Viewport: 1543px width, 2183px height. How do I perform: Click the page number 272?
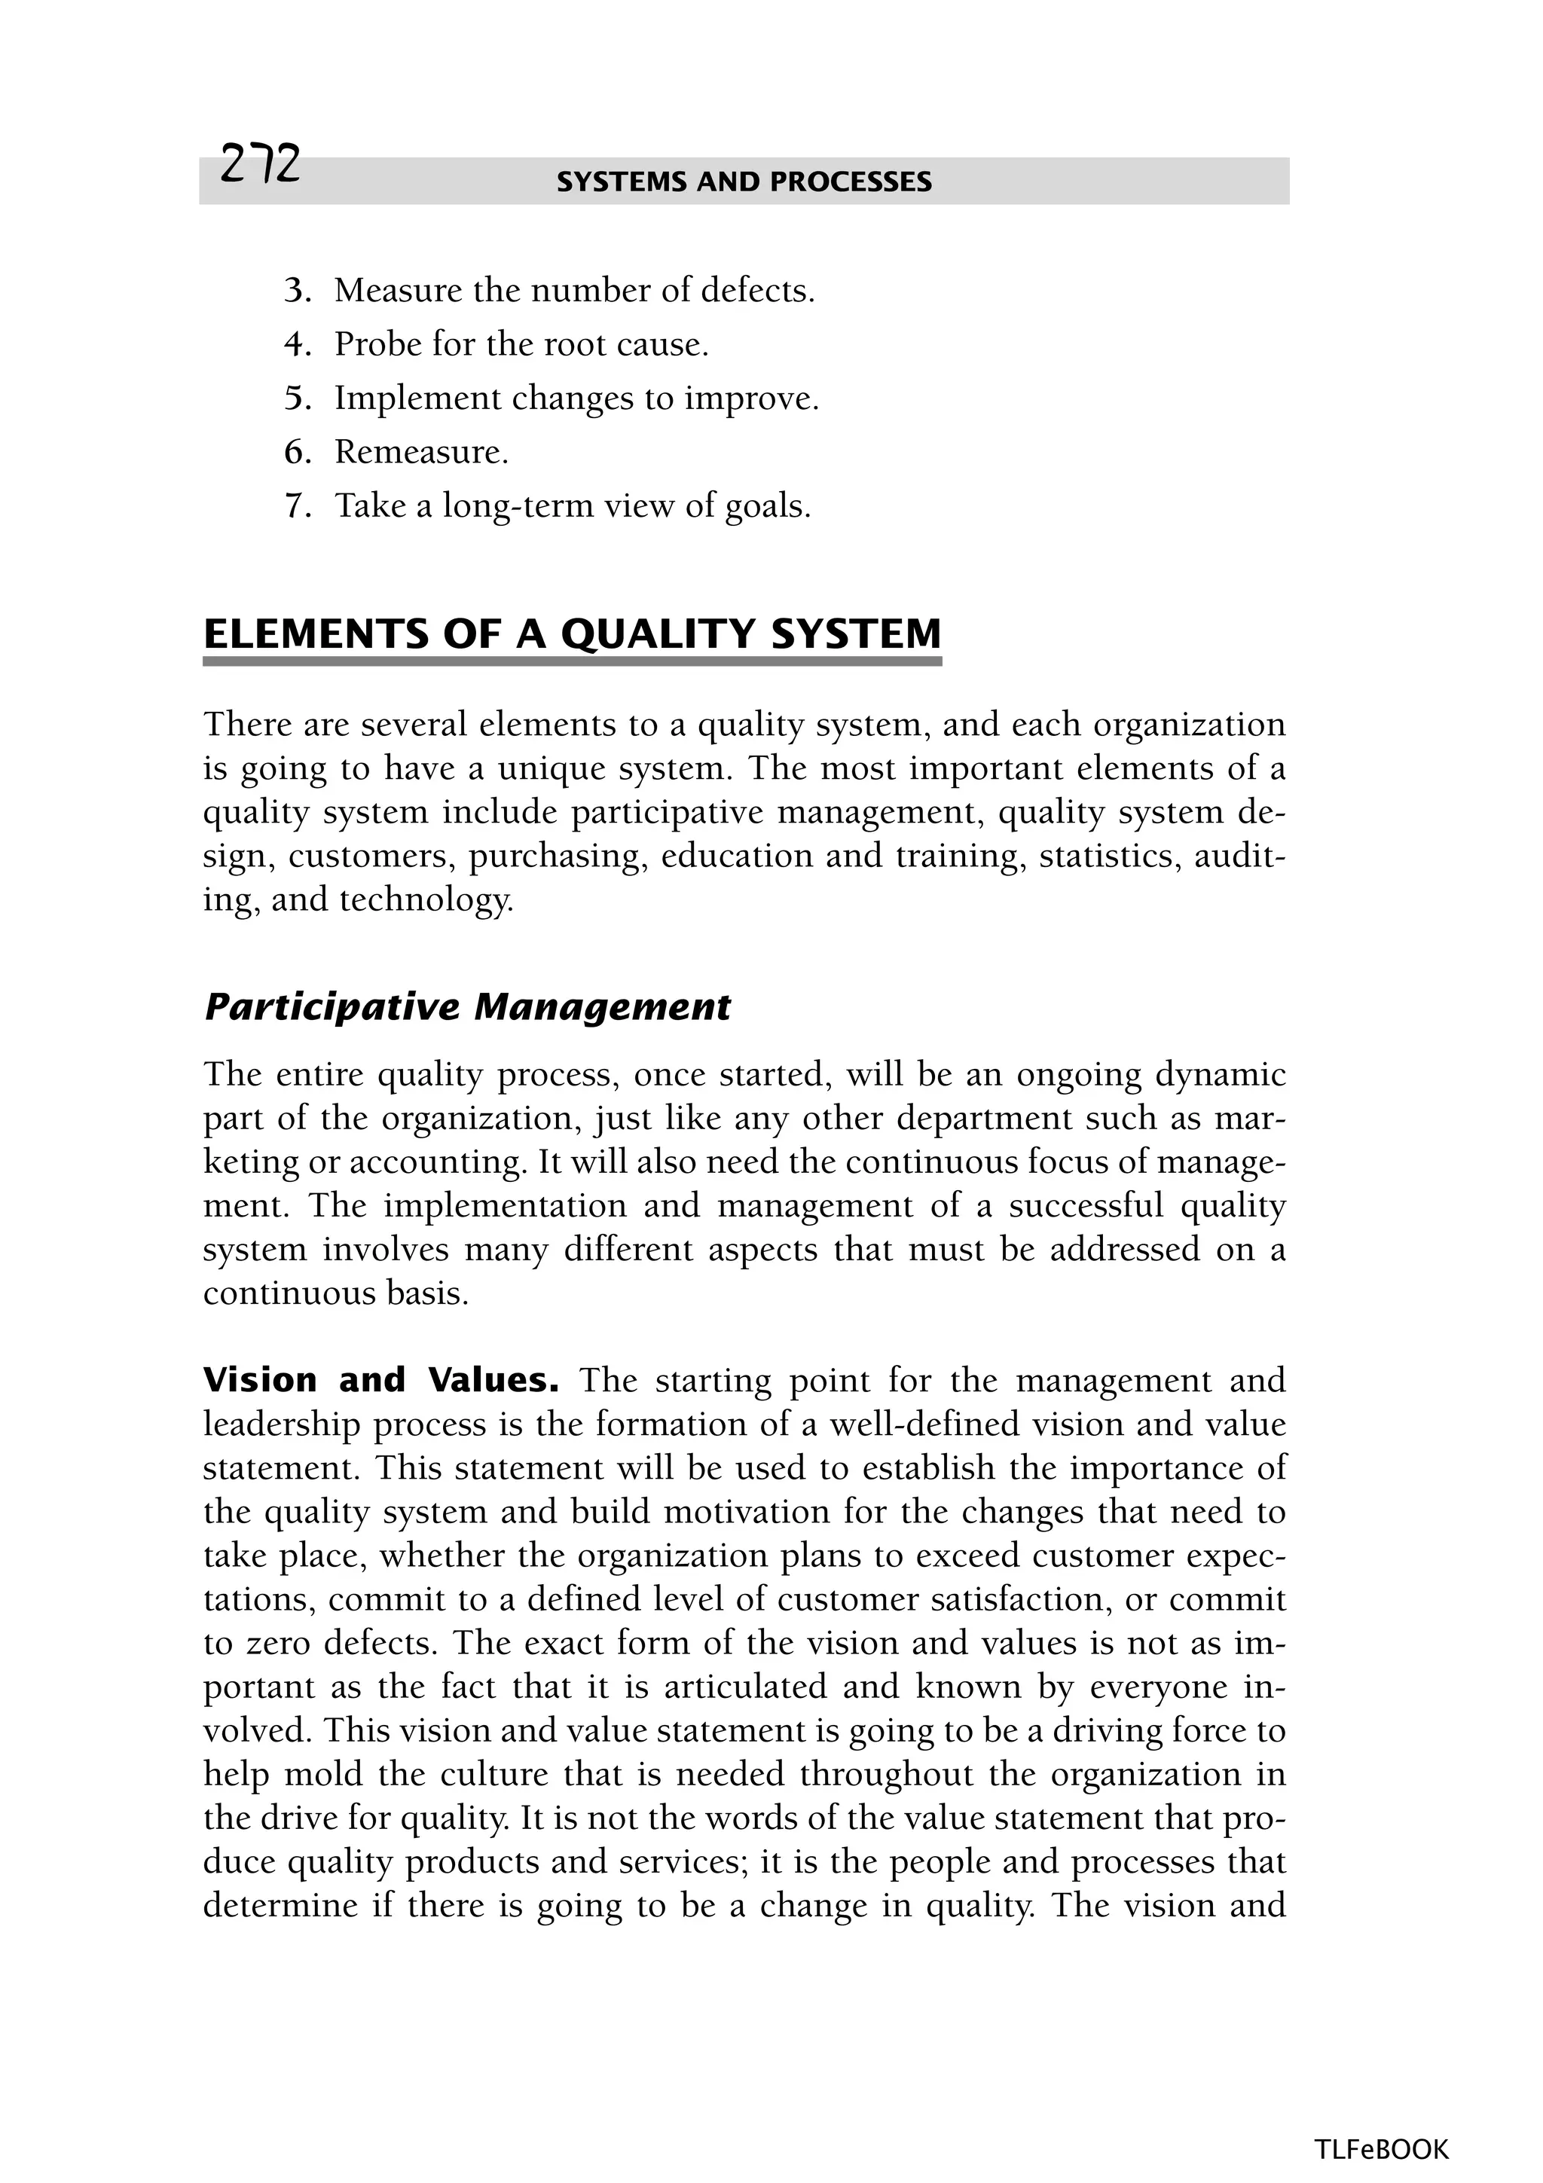click(259, 164)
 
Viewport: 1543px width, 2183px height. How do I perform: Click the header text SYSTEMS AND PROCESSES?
click(744, 182)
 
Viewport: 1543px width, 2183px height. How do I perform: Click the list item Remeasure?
click(420, 452)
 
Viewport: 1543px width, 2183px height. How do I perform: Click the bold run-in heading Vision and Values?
click(380, 1379)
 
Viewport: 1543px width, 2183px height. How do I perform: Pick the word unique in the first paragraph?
click(552, 768)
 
